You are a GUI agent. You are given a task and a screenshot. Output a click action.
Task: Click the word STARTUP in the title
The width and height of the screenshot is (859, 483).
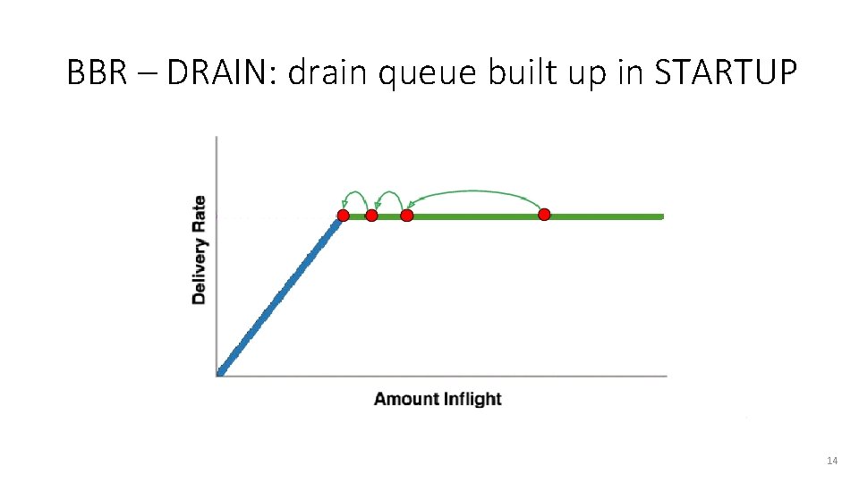pyautogui.click(x=725, y=72)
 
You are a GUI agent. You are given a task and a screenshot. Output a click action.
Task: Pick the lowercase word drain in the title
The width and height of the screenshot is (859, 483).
pyautogui.click(x=328, y=72)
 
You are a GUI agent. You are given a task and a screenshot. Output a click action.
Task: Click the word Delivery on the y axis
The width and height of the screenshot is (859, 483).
pyautogui.click(x=199, y=267)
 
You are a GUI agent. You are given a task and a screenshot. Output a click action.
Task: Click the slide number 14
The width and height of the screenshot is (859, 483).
pyautogui.click(x=832, y=461)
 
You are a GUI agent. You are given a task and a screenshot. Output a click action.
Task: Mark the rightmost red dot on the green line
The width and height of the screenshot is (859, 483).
pyautogui.click(x=544, y=215)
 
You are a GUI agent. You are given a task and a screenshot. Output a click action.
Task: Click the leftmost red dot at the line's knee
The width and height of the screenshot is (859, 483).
pyautogui.click(x=343, y=216)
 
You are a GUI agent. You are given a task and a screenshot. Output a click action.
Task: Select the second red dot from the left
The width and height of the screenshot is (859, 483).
pyautogui.click(x=372, y=216)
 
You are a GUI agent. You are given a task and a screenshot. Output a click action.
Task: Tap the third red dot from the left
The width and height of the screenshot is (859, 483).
pyautogui.click(x=407, y=216)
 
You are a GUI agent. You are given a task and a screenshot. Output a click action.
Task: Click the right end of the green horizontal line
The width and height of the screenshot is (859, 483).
pyautogui.click(x=660, y=216)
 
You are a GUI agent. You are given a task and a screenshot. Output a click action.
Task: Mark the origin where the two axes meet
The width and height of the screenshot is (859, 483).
pyautogui.click(x=217, y=376)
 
